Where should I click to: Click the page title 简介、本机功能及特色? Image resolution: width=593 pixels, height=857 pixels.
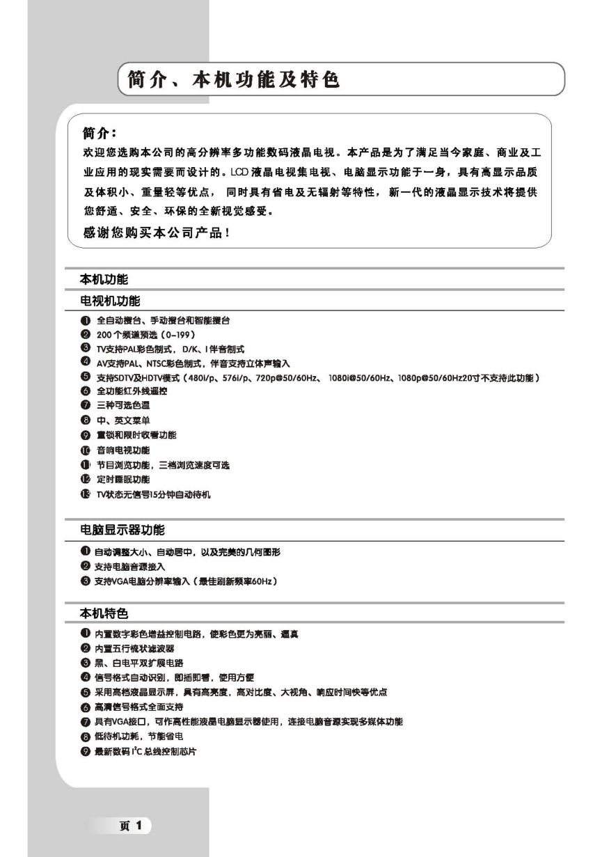pos(234,80)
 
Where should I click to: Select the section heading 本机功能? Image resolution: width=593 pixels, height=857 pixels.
pos(105,279)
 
